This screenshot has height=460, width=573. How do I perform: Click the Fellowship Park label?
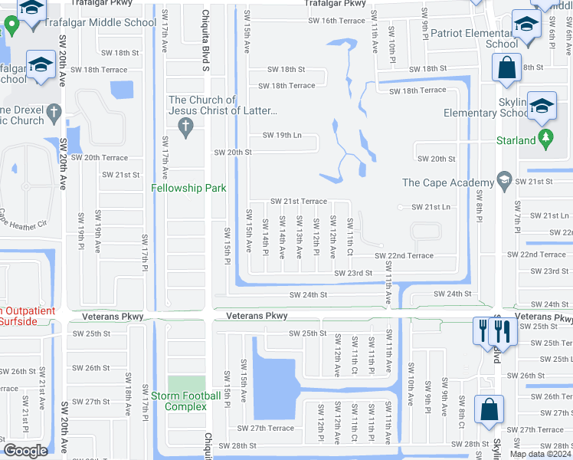pos(188,188)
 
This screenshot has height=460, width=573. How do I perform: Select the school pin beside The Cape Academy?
pos(503,182)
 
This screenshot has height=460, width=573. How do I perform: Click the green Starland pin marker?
pos(545,140)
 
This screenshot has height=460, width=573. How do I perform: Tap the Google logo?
pos(25,451)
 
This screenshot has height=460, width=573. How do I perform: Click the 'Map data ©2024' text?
pos(540,454)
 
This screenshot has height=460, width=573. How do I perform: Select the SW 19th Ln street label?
pos(282,136)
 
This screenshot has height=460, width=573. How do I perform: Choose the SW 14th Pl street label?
pos(265,236)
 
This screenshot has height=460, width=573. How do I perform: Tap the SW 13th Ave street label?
pos(299,236)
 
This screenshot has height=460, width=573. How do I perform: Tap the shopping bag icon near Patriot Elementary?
pos(507,67)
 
